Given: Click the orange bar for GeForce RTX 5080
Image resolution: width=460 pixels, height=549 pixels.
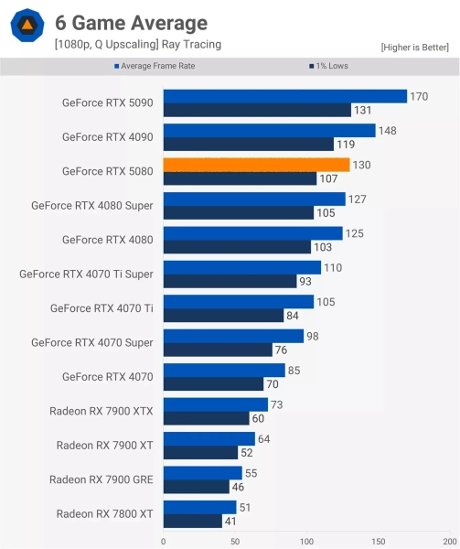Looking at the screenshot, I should point(256,165).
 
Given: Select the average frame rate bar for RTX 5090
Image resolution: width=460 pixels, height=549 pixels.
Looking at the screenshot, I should point(284,96).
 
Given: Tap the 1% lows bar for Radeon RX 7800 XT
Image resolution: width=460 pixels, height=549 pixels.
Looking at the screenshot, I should point(193,522).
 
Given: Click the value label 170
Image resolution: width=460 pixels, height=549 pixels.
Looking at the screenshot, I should point(420,96).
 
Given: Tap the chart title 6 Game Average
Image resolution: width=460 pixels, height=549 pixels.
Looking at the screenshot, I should point(131,23).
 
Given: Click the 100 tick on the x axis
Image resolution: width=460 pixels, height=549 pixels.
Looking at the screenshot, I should point(306,541).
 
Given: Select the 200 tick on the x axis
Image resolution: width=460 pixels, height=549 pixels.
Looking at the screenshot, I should point(449,541).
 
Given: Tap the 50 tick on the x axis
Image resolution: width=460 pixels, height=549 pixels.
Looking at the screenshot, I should point(235,541).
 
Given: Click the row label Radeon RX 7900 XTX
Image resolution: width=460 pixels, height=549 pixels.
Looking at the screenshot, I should point(101,412).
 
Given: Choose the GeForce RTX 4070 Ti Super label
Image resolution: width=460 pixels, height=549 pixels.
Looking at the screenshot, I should point(86,274).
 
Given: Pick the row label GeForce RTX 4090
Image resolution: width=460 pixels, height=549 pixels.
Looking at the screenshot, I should point(107,136).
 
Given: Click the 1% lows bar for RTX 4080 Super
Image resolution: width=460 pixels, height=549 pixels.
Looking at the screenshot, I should point(238,213).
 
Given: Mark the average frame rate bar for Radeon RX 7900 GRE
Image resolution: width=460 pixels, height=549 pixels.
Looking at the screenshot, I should point(203,473).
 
